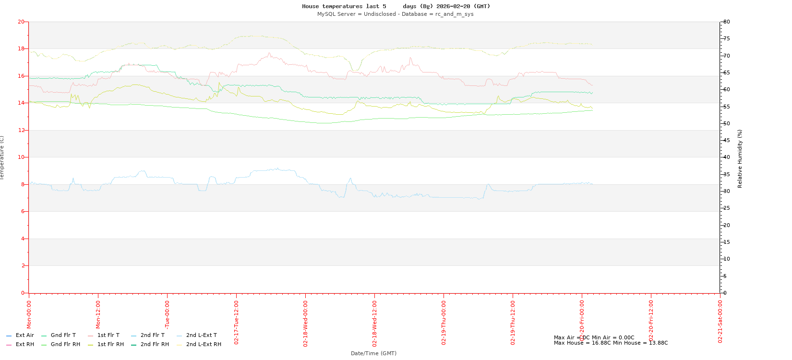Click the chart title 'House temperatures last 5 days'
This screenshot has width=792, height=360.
(396, 6)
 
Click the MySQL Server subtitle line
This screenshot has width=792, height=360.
(395, 14)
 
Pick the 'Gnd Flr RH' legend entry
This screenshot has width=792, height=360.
(65, 344)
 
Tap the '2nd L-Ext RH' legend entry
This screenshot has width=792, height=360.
(204, 344)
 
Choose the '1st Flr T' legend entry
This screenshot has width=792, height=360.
(108, 335)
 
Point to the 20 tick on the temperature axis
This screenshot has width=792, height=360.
(21, 22)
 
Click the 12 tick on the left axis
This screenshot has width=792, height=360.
(21, 130)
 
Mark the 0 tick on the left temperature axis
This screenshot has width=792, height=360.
(23, 293)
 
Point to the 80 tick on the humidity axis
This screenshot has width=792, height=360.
(727, 22)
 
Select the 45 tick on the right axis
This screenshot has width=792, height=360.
(727, 140)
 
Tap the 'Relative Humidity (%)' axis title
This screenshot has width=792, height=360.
(740, 158)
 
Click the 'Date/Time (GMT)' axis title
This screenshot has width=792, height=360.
(373, 353)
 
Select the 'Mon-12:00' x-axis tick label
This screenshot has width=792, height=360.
(98, 314)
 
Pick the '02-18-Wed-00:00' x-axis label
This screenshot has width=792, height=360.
(305, 323)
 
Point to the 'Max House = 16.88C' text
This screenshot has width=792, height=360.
(582, 343)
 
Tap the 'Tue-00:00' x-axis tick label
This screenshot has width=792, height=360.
(167, 314)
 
